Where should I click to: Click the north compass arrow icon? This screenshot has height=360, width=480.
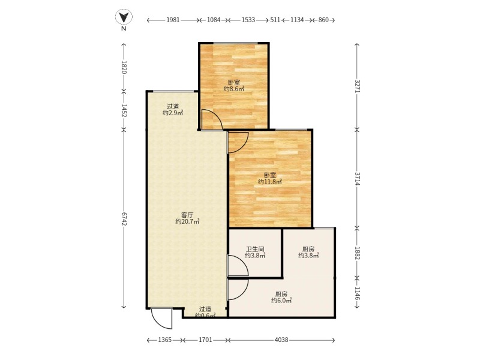click(x=124, y=17)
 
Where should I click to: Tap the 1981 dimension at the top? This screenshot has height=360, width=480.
click(x=173, y=20)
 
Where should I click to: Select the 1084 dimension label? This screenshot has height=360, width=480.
click(x=214, y=20)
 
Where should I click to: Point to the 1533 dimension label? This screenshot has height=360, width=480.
click(x=248, y=20)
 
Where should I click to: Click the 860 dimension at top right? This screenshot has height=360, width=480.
click(x=323, y=20)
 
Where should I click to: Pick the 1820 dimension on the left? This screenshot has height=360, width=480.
click(x=124, y=67)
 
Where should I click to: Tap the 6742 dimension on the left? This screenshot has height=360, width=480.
click(x=124, y=219)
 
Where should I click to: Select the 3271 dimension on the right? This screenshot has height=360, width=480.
click(x=357, y=86)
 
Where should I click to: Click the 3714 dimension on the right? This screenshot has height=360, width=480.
click(x=357, y=179)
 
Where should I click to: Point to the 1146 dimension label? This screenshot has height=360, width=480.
click(x=357, y=293)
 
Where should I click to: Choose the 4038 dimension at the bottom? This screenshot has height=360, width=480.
click(x=281, y=340)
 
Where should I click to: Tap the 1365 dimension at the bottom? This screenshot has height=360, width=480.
click(x=165, y=340)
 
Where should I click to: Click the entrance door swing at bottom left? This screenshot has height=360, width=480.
click(x=162, y=319)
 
